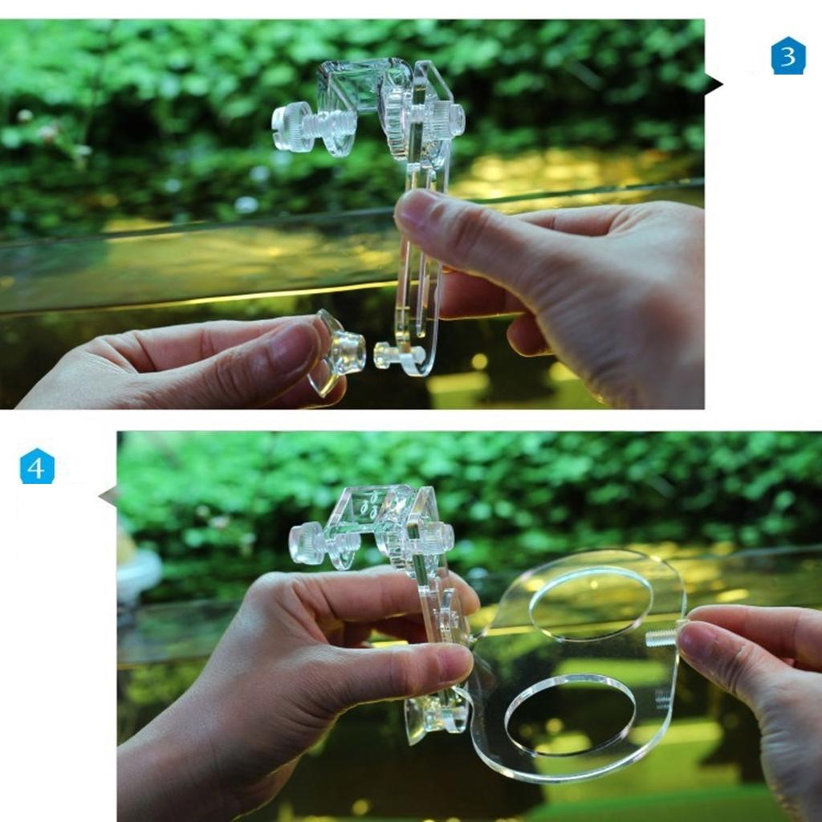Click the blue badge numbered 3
click(787, 56)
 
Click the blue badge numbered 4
click(37, 466)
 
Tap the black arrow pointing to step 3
click(713, 83)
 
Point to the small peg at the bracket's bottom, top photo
click(386, 354)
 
